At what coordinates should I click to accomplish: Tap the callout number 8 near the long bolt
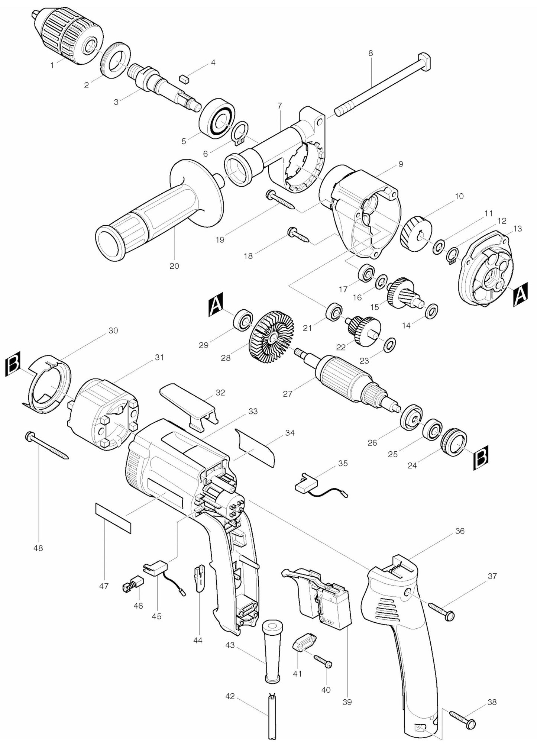[370, 53]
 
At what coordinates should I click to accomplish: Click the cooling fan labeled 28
[271, 337]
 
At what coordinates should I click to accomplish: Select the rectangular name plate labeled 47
[113, 518]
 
